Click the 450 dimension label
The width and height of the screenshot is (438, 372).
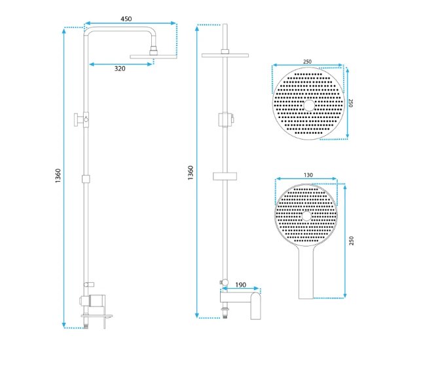pyautogui.click(x=126, y=19)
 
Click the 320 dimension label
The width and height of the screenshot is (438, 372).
pyautogui.click(x=120, y=69)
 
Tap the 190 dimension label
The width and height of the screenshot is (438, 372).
pyautogui.click(x=240, y=285)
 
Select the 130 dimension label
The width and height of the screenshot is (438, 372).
pyautogui.click(x=308, y=175)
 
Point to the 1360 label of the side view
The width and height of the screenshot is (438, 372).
pyautogui.click(x=58, y=176)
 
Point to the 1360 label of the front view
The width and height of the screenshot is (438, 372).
pyautogui.click(x=191, y=173)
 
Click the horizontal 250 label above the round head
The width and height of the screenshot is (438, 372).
pyautogui.click(x=307, y=62)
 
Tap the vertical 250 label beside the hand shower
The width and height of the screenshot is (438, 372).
pyautogui.click(x=352, y=241)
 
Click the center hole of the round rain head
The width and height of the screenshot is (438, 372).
pyautogui.click(x=309, y=106)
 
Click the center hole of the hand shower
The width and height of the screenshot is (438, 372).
pyautogui.click(x=306, y=216)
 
